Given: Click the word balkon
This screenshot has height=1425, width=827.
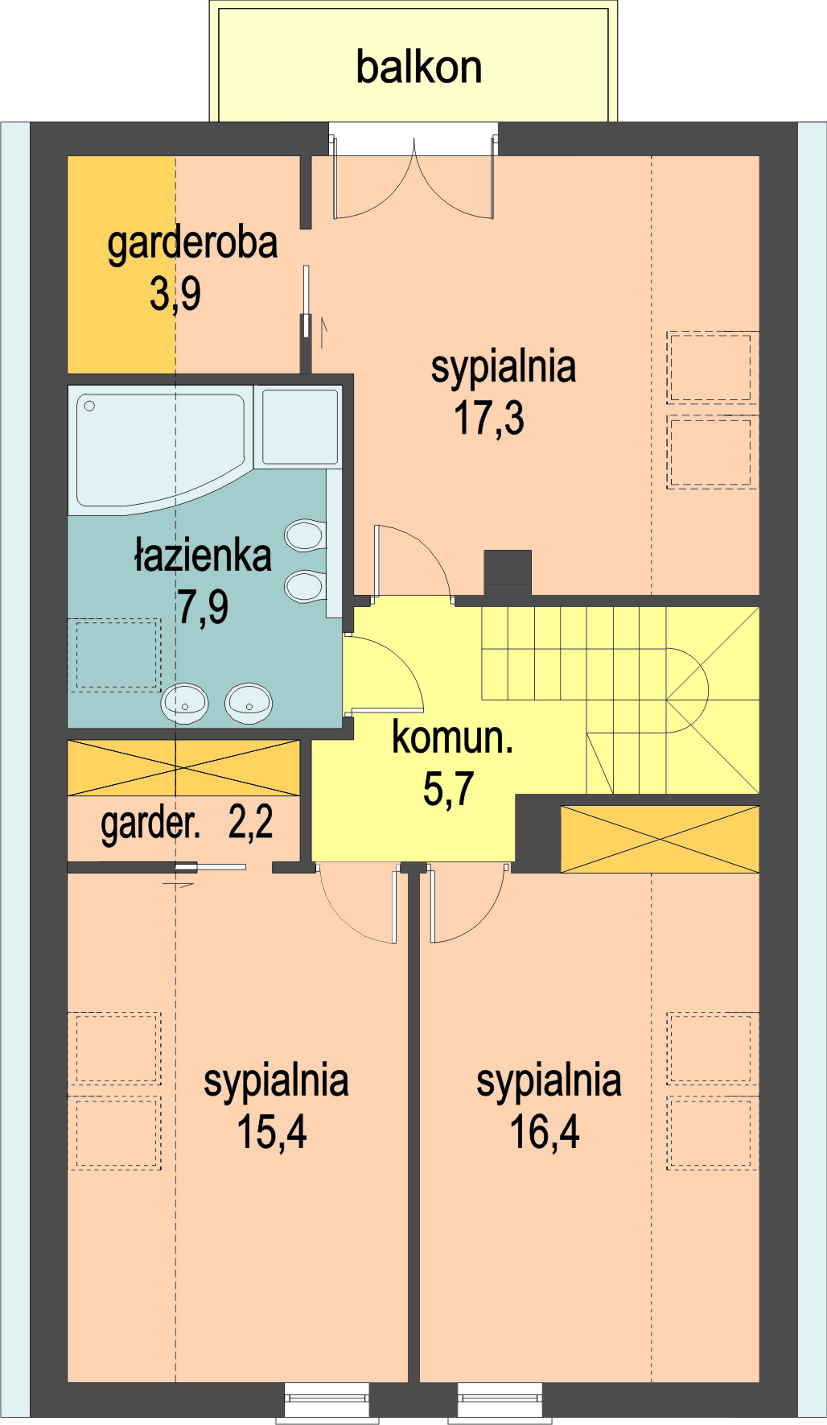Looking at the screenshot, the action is (418, 68).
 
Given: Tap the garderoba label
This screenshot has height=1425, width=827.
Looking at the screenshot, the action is (192, 243).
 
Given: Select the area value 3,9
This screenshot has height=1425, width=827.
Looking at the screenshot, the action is (175, 294).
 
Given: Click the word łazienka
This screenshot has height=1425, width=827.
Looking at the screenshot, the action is (203, 556).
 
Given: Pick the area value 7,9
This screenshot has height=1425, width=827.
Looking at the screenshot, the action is (203, 607).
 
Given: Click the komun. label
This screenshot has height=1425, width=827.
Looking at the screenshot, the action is (452, 737).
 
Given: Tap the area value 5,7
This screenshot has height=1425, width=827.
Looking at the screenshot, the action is (449, 789).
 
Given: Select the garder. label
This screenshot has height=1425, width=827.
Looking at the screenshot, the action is (150, 824).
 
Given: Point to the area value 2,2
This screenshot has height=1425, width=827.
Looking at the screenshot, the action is (251, 823).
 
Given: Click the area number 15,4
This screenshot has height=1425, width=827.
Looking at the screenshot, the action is (272, 1132).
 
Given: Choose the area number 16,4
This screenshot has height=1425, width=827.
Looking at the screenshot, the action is (545, 1132).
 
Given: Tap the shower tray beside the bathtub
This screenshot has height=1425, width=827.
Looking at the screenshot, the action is (300, 427).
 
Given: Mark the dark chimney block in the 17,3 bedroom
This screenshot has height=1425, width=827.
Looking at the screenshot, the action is (508, 572).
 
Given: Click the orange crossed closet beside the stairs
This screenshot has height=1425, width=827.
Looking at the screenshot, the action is (660, 840).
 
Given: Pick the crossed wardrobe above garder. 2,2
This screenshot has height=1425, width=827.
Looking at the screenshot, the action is (183, 768).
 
